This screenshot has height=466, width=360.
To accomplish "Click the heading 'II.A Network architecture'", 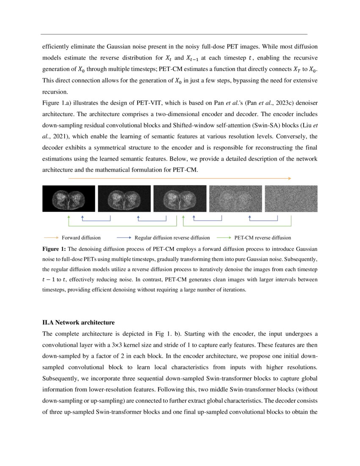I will click(78, 323).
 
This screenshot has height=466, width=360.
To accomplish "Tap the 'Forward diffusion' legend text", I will click(81, 238).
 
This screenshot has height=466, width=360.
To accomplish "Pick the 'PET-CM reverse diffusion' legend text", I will click(263, 238).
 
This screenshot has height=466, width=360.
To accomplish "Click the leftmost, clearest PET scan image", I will click(69, 199).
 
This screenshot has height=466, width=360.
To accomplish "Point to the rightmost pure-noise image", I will click(291, 199).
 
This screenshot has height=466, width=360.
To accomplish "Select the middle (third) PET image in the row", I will click(180, 199).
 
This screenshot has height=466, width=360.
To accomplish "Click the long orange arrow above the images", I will click(180, 179).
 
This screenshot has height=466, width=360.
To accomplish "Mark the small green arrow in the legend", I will click(224, 238).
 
